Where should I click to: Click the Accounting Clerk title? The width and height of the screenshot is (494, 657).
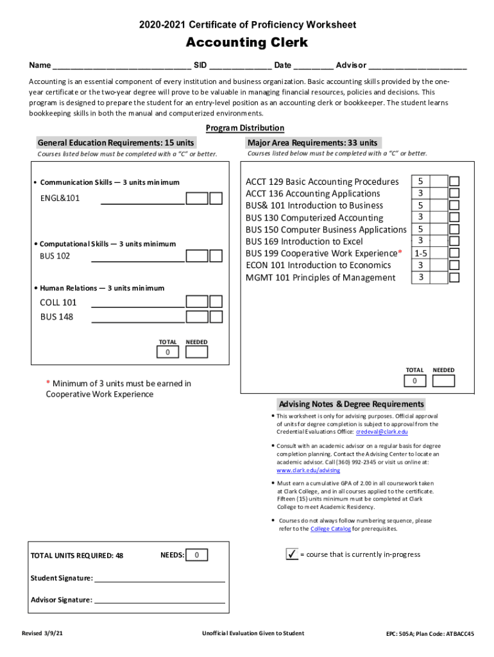[x=247, y=43]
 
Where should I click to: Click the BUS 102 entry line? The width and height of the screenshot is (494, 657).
[x=138, y=258]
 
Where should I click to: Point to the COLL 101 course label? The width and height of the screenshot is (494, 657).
[x=58, y=302]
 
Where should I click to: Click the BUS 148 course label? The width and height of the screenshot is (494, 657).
[x=56, y=316]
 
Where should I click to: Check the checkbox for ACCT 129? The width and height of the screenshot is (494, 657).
[x=454, y=182]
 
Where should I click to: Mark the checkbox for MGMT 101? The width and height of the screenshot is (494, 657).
[x=454, y=278]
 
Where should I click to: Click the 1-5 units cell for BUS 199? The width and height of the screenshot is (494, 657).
[x=420, y=253]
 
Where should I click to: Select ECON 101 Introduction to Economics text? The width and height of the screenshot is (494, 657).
[x=318, y=265]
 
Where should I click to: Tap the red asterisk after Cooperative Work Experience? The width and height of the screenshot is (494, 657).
[x=400, y=252]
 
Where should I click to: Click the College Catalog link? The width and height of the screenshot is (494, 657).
[x=330, y=529]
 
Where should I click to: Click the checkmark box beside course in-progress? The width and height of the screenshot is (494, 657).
[x=292, y=554]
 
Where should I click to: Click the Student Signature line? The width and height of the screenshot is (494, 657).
[x=160, y=578]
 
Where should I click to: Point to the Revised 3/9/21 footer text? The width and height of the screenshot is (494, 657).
[x=42, y=633]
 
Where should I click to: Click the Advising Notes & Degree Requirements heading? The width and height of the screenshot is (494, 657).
[x=351, y=404]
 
